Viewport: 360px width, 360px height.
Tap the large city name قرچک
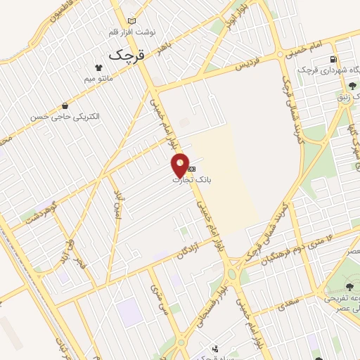pyautogui.click(x=123, y=53)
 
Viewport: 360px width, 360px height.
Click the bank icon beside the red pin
pyautogui.click(x=191, y=169)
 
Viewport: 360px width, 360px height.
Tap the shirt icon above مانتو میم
pyautogui.click(x=99, y=69)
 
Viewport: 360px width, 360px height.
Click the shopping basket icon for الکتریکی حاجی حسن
pyautogui.click(x=65, y=105)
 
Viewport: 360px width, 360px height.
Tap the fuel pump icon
pyautogui.click(x=333, y=59)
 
